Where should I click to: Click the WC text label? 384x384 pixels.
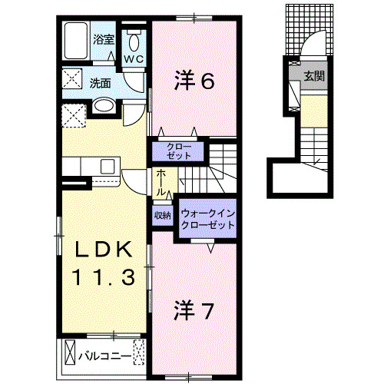(x=135, y=59)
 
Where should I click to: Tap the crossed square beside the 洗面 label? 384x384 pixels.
(x=72, y=80)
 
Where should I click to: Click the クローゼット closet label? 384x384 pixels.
(x=180, y=150)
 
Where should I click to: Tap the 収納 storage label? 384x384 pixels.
(x=162, y=216)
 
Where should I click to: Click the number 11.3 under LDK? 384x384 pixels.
(x=105, y=275)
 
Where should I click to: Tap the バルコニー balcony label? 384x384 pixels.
(x=104, y=355)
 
